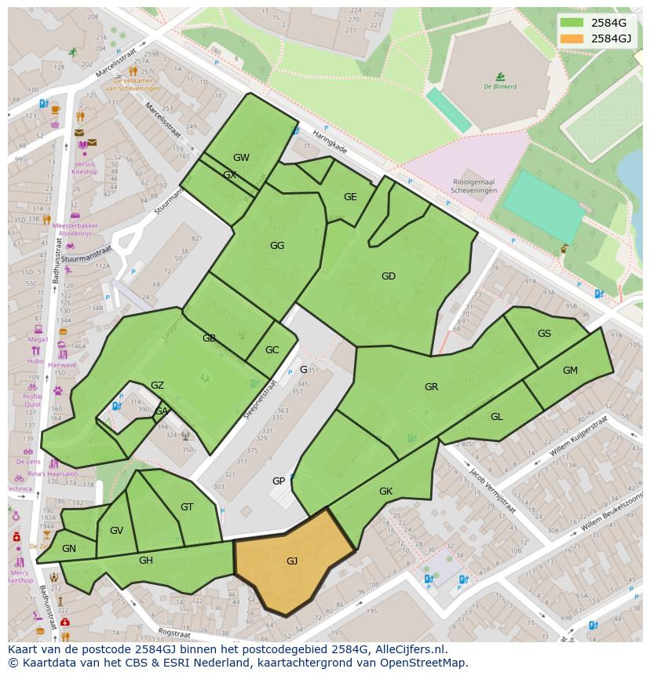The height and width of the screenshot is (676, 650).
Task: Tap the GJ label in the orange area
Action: (292, 561)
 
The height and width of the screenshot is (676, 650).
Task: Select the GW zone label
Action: (241, 157)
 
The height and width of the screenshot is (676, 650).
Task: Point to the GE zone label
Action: (350, 197)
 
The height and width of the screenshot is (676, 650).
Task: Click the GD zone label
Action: (388, 276)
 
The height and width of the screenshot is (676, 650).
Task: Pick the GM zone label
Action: (570, 371)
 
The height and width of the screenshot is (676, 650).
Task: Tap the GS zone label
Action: (544, 333)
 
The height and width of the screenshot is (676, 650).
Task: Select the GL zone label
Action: (496, 416)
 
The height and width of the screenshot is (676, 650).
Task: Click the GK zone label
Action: (385, 491)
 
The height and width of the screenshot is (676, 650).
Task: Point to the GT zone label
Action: (187, 506)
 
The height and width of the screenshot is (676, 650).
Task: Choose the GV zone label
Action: (116, 531)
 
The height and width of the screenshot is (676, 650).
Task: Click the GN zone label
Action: (69, 548)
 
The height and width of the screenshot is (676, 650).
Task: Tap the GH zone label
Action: (146, 560)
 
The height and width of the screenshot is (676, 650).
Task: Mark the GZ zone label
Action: (157, 385)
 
